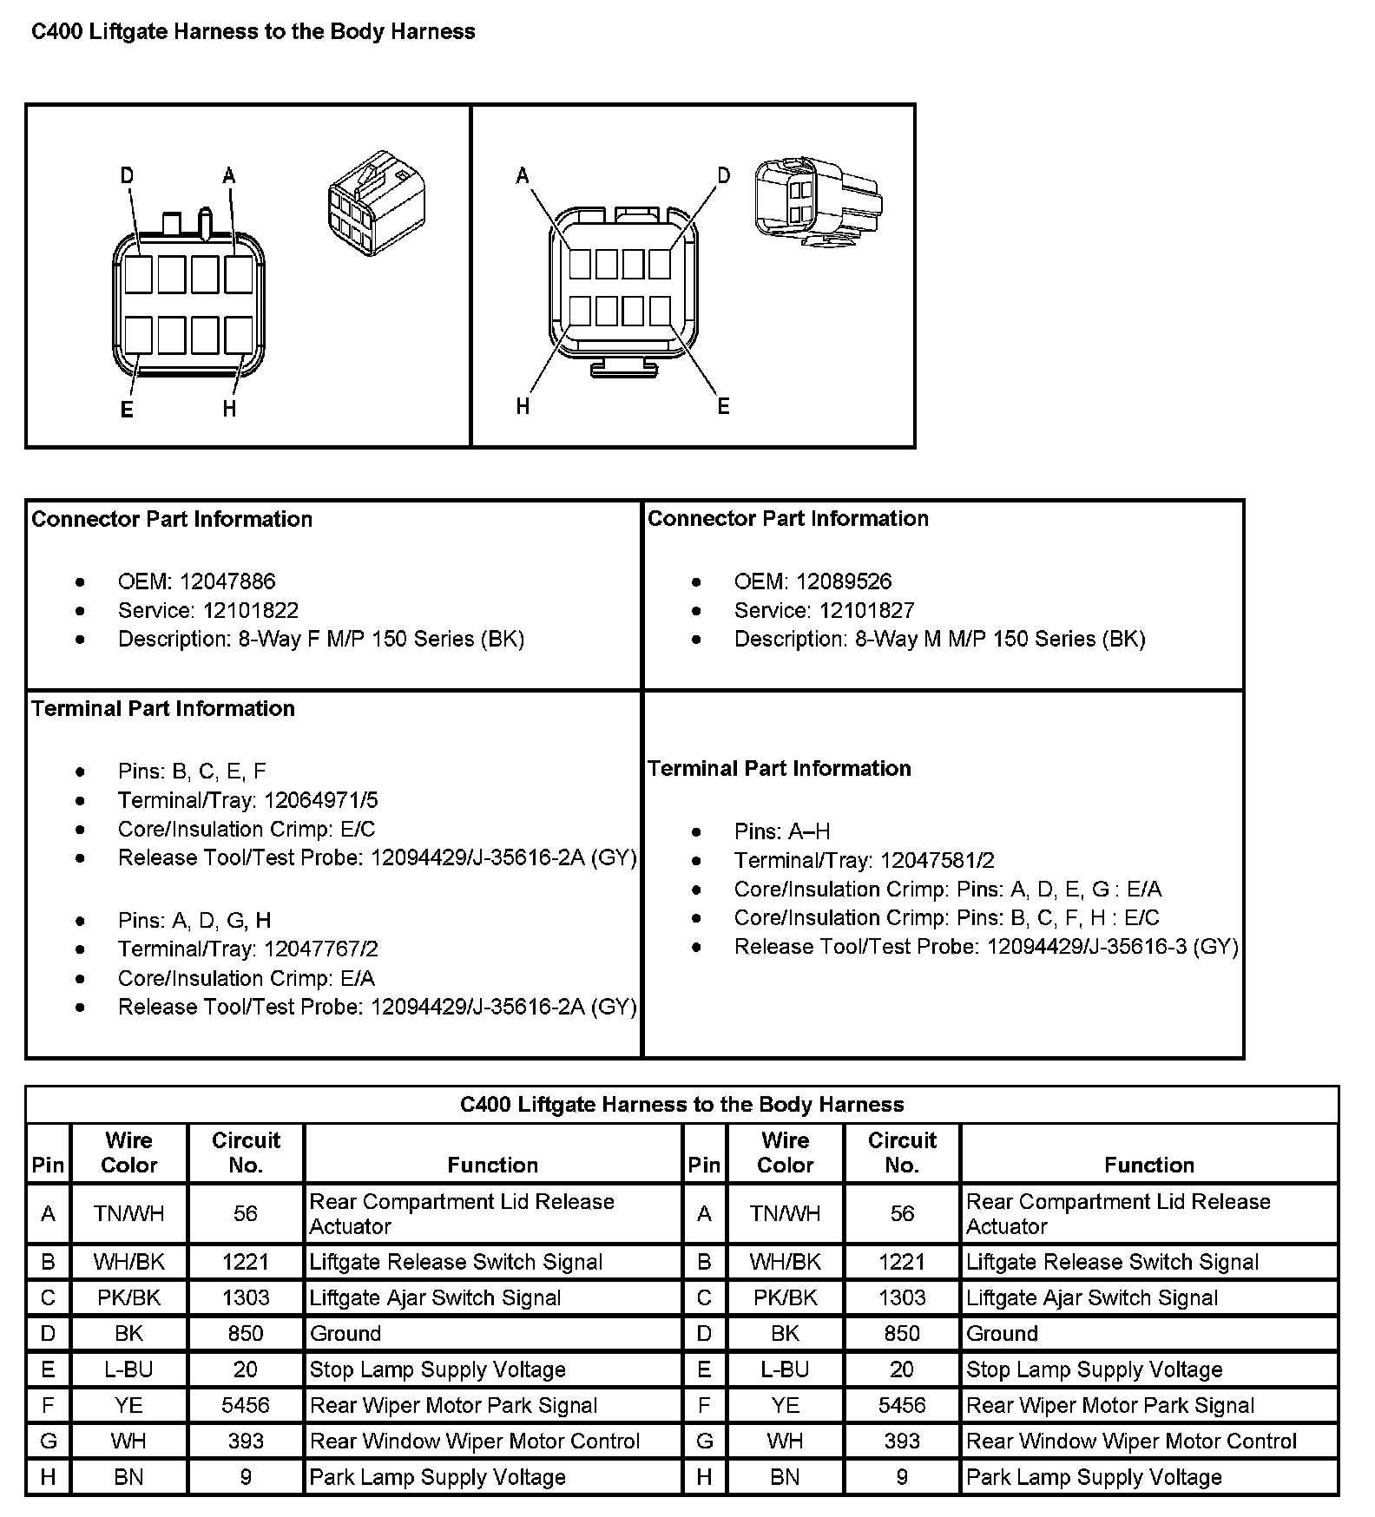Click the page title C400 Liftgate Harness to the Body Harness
[x=253, y=32]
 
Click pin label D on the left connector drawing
[x=128, y=176]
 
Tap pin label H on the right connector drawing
[x=523, y=405]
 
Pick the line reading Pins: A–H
[x=781, y=831]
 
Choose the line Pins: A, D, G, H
[x=194, y=920]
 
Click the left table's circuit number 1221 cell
[x=246, y=1262]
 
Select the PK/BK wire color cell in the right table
[x=785, y=1297]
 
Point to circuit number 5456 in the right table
[x=902, y=1405]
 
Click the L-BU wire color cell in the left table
[x=128, y=1369]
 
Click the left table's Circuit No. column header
[x=246, y=1153]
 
